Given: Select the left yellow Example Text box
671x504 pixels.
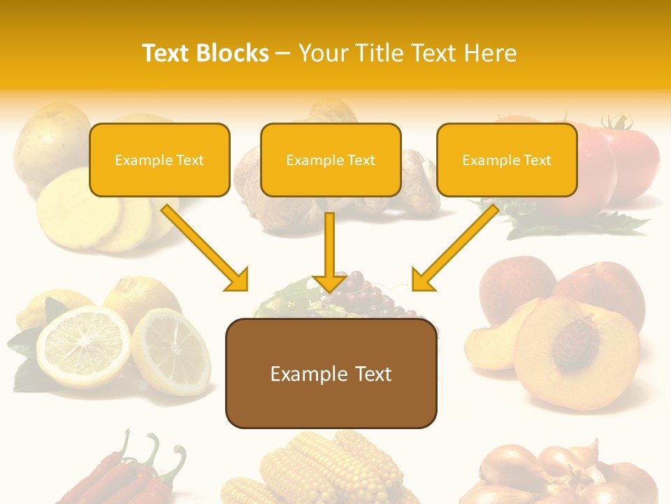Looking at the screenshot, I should [x=159, y=160].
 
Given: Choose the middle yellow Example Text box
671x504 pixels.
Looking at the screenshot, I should [x=331, y=160].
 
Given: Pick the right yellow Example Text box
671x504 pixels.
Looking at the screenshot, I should [x=507, y=160].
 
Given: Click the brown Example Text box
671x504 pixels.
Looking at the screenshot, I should [x=331, y=374].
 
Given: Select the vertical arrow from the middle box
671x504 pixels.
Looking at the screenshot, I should [x=329, y=252].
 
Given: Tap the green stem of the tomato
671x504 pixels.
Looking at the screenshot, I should [x=615, y=122].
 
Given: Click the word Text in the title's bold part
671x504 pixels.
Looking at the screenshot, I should [x=167, y=53].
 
